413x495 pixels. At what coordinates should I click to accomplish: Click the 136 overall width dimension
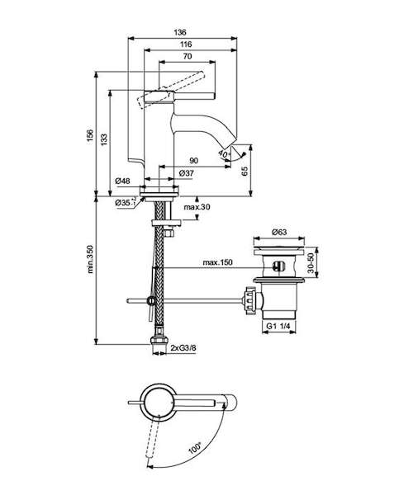coord(180,32)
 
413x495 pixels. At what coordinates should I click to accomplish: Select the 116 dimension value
coord(186,45)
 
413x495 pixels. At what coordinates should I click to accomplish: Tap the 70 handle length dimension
coord(188,56)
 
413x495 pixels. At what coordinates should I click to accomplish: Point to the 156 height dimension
coord(91,135)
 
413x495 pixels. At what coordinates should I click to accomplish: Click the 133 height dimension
coord(104,139)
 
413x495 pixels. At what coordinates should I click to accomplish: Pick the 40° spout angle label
coord(224,155)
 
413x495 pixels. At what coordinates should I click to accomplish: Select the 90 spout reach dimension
coord(194,161)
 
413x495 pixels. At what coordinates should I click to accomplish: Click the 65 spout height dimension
coord(244,171)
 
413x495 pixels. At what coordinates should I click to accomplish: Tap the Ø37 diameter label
coord(187,173)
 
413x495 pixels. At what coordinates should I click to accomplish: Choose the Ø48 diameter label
coord(122,181)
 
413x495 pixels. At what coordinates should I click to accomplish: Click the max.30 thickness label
coord(197,207)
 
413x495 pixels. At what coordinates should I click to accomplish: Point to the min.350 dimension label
coord(91,259)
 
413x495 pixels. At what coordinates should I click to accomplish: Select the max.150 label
coord(217,262)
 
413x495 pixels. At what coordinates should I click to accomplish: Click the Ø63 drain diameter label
coord(279,232)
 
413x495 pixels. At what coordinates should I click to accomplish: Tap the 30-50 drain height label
coord(311,262)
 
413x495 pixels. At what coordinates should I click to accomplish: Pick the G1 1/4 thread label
coord(278,326)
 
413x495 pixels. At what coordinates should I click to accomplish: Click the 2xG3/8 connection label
coord(183,348)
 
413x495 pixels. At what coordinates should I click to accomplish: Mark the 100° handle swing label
coord(195,449)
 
